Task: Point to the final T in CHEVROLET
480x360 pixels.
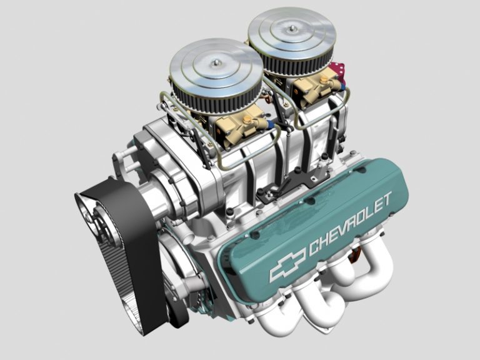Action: [x=387, y=199]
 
